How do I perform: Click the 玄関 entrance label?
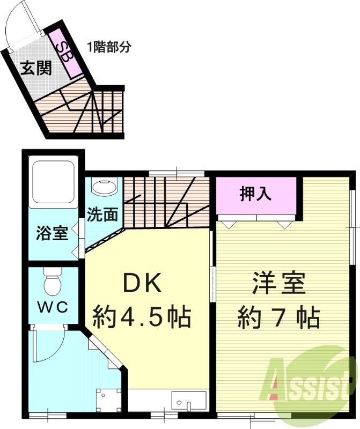[x=36, y=68]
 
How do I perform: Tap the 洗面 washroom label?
[x=102, y=214]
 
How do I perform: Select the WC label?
[x=52, y=307]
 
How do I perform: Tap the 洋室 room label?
[x=279, y=283]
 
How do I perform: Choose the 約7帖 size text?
[x=279, y=317]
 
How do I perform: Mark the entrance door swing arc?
[x=19, y=24]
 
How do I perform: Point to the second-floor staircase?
[x=166, y=201]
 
